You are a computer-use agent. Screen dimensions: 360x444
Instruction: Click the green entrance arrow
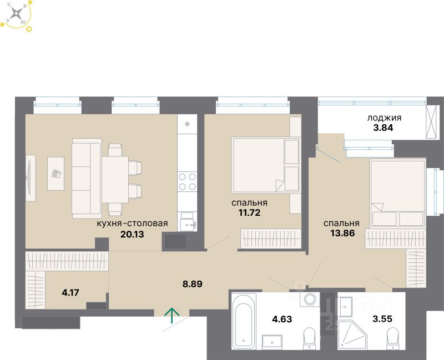tap(173, 316)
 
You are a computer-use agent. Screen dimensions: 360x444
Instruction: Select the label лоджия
tap(385, 118)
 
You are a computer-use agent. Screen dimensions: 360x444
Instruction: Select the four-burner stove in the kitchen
tap(188, 181)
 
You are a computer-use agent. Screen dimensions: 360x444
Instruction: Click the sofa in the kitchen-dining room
tap(86, 178)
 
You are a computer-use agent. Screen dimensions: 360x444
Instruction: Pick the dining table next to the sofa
tap(115, 178)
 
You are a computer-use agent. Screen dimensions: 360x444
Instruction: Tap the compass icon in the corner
tap(18, 14)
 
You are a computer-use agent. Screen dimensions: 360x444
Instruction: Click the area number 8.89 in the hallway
tap(192, 284)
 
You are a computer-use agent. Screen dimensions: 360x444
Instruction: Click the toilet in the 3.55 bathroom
tap(393, 337)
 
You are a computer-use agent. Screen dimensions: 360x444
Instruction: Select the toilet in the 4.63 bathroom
tap(309, 337)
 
